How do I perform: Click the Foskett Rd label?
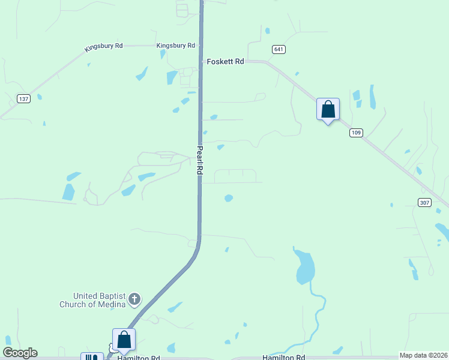click(x=225, y=61)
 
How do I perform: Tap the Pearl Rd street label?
click(x=199, y=160)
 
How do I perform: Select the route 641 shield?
click(x=278, y=49)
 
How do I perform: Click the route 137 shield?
click(x=23, y=98)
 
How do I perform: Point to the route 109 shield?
click(x=356, y=133)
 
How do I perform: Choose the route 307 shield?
click(x=424, y=202)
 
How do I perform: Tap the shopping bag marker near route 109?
click(x=328, y=110)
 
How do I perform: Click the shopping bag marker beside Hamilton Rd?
click(x=124, y=340)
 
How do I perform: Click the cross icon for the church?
click(x=135, y=298)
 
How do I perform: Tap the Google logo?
click(x=20, y=353)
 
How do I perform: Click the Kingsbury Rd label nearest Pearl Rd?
click(x=175, y=46)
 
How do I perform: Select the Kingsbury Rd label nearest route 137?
click(x=103, y=46)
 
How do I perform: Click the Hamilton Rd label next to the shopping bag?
click(x=139, y=358)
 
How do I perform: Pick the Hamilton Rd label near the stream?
click(x=283, y=358)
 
